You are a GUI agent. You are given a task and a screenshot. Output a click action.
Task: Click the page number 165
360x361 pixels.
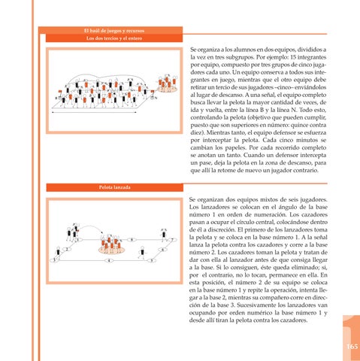click(352, 347)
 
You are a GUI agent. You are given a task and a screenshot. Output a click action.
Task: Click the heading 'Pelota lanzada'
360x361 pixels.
click(114, 187)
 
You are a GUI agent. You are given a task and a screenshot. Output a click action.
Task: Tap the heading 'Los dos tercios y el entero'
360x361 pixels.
click(114, 38)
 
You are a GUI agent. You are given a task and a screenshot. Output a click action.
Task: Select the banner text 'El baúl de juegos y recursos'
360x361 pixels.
click(114, 31)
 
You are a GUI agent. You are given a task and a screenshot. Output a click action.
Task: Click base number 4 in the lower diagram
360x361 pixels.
click(109, 261)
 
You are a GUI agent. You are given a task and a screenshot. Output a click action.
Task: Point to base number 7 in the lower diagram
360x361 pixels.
click(172, 240)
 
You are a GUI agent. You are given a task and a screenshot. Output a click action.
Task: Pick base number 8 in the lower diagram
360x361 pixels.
click(132, 240)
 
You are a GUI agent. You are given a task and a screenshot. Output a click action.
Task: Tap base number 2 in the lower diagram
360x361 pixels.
click(67, 250)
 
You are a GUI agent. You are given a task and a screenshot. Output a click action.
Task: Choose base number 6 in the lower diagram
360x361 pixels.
click(162, 250)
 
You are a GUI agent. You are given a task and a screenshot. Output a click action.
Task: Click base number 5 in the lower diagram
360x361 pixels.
click(152, 261)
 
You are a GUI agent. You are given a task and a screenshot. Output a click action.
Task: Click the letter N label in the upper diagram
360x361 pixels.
click(156, 98)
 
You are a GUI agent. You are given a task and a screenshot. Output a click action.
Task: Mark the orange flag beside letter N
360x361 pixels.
click(153, 92)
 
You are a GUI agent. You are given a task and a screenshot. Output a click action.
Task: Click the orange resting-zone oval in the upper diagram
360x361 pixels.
click(168, 89)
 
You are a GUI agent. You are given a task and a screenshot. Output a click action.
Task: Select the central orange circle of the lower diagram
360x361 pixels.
click(111, 250)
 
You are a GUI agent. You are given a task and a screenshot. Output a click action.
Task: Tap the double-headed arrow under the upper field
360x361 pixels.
click(94, 112)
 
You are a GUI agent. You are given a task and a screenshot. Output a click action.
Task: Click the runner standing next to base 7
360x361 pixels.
click(164, 235)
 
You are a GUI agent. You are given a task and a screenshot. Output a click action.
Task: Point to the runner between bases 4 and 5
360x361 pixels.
click(142, 253)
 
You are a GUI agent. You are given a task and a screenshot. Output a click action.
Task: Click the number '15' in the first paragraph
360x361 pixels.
click(293, 57)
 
